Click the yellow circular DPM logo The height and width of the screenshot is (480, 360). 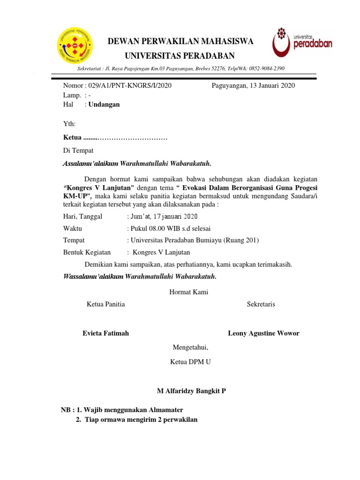pyautogui.click(x=75, y=46)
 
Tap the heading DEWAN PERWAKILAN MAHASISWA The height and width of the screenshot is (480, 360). pyautogui.click(x=180, y=42)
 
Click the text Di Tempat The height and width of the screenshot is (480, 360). pyautogui.click(x=78, y=150)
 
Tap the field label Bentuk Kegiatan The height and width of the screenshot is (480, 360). pyautogui.click(x=87, y=252)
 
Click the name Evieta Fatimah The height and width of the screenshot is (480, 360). pyautogui.click(x=105, y=333)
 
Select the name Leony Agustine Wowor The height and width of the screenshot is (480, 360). pyautogui.click(x=263, y=333)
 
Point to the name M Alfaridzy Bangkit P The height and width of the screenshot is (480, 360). pyautogui.click(x=190, y=390)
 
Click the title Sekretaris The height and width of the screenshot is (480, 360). pyautogui.click(x=261, y=304)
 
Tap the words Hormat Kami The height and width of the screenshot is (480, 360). pyautogui.click(x=189, y=292)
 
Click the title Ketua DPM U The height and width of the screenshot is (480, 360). pyautogui.click(x=190, y=362)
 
